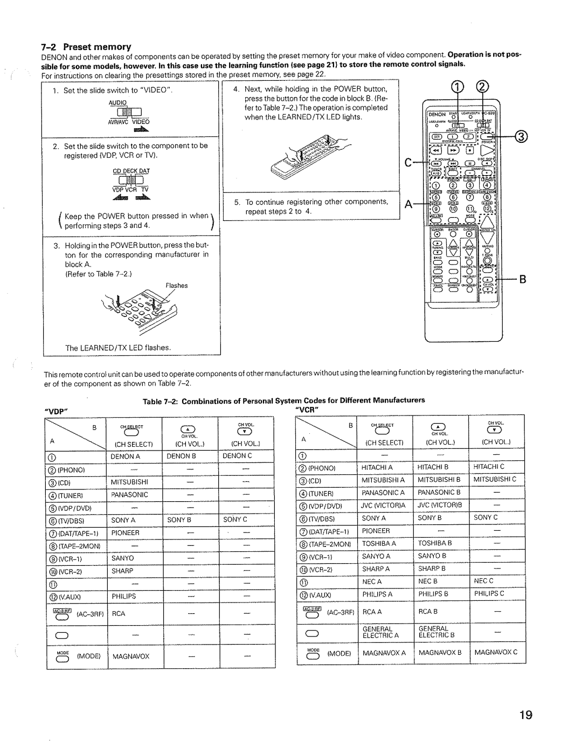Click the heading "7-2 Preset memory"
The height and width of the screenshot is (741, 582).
87,47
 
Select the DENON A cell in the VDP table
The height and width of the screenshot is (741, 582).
126,456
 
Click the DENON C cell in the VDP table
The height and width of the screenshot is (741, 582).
237,456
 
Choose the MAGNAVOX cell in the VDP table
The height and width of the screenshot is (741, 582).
131,656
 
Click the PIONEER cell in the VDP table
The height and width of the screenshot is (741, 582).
126,533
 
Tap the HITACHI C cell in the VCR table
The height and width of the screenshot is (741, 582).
489,467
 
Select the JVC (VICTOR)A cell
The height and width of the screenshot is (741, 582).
382,505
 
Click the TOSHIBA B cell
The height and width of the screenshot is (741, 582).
435,543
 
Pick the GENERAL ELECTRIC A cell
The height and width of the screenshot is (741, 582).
381,632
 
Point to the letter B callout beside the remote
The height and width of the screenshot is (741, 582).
522,280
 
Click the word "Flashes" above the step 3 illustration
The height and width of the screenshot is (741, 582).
177,286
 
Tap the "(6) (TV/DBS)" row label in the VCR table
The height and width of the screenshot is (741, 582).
318,518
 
